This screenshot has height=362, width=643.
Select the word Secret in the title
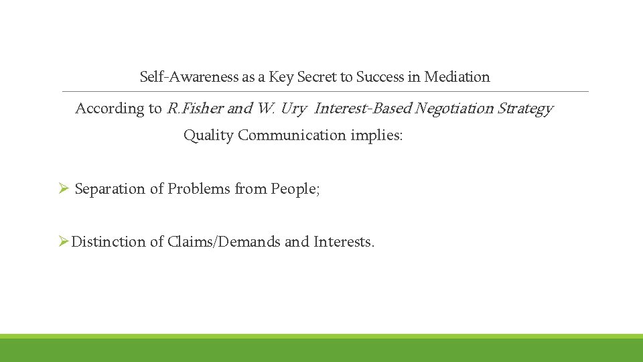click(x=317, y=77)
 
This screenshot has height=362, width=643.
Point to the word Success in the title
click(x=379, y=77)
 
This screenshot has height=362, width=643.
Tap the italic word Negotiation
click(x=455, y=109)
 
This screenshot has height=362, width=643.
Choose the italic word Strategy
click(x=525, y=109)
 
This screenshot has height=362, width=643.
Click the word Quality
click(x=208, y=135)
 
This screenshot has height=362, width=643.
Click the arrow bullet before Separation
click(x=64, y=189)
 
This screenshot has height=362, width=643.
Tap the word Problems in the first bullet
click(x=198, y=189)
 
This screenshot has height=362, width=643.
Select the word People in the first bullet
click(x=295, y=189)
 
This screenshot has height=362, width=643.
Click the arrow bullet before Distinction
click(x=64, y=242)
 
